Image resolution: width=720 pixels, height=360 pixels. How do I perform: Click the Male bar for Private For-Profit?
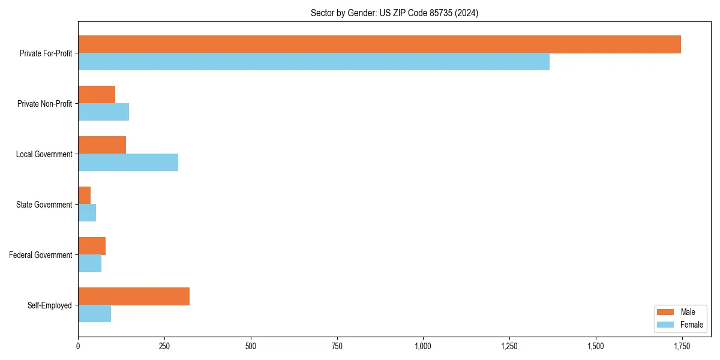379,44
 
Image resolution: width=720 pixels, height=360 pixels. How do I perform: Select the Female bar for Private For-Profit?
314,62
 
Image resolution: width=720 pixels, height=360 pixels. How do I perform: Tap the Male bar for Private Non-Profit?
97,95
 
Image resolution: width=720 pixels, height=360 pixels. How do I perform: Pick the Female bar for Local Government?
128,163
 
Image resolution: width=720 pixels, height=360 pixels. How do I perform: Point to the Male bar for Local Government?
102,145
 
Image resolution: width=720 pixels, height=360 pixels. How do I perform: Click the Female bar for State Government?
87,213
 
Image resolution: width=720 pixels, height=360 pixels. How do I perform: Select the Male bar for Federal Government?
92,246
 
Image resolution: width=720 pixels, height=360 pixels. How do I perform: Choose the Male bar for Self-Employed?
134,296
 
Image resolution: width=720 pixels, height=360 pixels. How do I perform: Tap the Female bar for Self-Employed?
94,314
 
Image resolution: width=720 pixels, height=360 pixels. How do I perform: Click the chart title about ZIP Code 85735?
394,13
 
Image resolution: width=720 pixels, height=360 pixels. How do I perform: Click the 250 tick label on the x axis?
164,346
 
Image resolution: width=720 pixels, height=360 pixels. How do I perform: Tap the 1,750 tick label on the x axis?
682,346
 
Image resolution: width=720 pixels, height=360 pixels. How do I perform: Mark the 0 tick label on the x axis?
78,346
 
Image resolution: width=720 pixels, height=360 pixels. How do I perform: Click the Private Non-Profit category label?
44,104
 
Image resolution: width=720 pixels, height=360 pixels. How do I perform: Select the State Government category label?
44,205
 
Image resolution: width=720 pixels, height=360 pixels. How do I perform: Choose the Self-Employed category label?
49,305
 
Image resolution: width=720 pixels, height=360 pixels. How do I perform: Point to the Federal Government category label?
41,255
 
